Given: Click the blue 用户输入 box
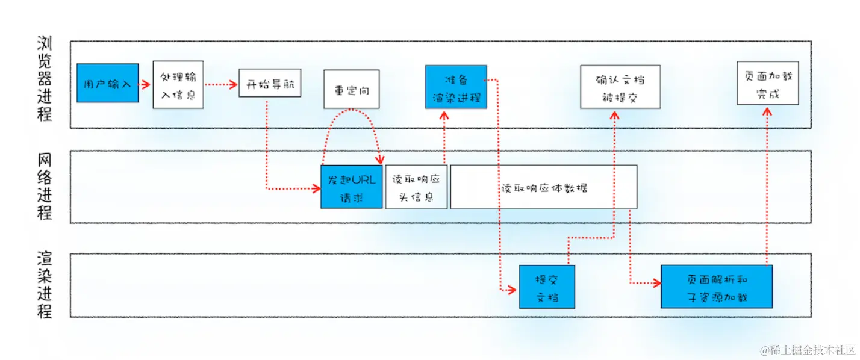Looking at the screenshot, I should [x=108, y=83].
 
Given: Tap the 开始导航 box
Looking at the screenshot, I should [x=270, y=83].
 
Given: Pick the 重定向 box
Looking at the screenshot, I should [x=351, y=89].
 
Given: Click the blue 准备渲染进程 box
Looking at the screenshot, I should [x=456, y=87].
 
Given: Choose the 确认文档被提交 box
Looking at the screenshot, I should [x=620, y=87].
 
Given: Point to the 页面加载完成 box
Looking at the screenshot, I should [x=768, y=83].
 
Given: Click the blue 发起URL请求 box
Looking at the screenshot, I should [x=351, y=187].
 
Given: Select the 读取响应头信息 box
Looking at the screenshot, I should [x=416, y=187].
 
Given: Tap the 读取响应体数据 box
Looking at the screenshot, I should [x=544, y=187].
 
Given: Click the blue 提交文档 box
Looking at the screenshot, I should [x=547, y=287].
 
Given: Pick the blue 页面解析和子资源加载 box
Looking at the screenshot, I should [x=717, y=287].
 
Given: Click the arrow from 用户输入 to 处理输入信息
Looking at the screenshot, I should [x=145, y=84].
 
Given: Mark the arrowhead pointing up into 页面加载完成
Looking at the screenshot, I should [x=767, y=111].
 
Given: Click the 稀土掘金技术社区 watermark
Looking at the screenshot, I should [x=808, y=350].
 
